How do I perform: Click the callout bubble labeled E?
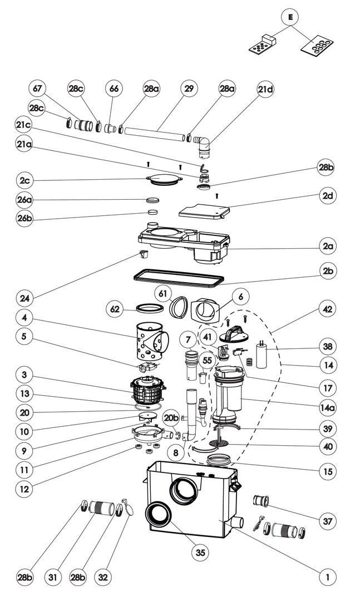coord(290,18)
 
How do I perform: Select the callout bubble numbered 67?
coord(38,89)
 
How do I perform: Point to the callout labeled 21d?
coord(265,89)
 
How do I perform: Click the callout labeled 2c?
coord(24,181)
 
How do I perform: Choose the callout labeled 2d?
coord(328,196)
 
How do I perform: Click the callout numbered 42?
coord(328,307)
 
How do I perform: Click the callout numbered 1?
coord(328,577)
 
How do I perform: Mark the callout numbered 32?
coord(103,577)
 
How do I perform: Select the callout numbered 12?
coord(24,490)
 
